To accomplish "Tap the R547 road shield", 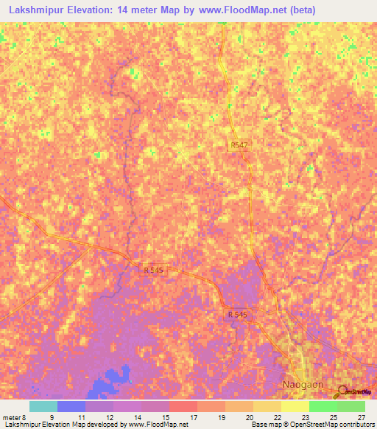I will pos(239,147).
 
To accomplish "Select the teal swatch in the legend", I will pos(43,406).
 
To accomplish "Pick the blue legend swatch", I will pos(71,406).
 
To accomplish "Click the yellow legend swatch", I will pos(295,406).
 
